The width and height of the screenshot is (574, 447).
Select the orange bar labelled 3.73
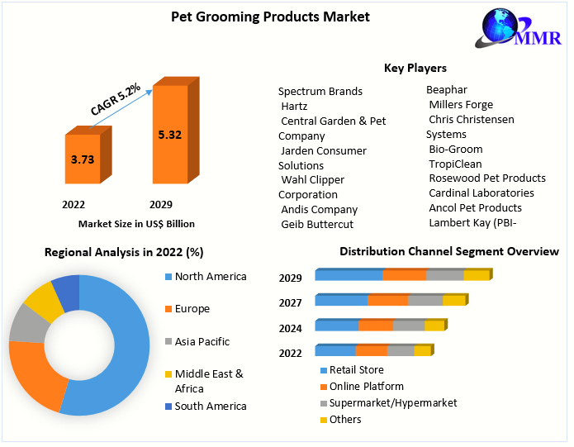(x=81, y=159)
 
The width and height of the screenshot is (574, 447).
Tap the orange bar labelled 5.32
(x=170, y=134)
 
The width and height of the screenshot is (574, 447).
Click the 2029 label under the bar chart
(x=160, y=203)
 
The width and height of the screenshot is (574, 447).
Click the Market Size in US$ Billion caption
(x=136, y=223)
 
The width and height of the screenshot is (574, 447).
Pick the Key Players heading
(x=415, y=69)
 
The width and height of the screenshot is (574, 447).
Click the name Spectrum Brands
(x=320, y=92)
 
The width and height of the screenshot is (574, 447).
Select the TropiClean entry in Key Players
(x=455, y=164)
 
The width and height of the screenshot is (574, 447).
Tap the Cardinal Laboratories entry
(x=481, y=193)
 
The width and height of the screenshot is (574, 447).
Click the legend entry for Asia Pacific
(x=202, y=341)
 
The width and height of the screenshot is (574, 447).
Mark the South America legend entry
(x=210, y=406)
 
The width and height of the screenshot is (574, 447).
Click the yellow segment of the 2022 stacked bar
(x=421, y=351)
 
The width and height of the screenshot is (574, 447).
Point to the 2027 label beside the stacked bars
(x=290, y=303)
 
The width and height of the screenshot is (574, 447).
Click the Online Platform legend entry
(x=366, y=386)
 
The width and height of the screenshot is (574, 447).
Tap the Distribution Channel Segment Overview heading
(x=448, y=251)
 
